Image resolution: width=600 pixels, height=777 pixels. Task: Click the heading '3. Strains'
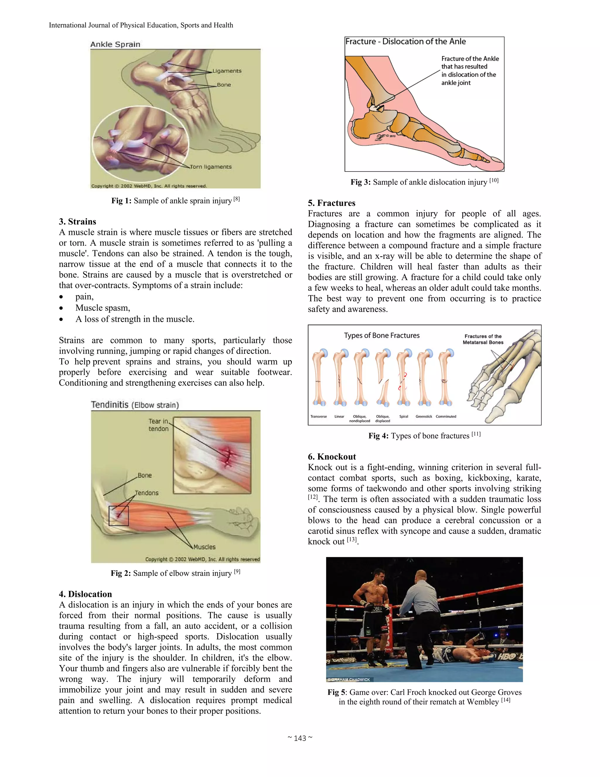pyautogui.click(x=77, y=222)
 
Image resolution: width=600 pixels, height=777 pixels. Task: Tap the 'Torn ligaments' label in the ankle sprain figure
pyautogui.click(x=210, y=167)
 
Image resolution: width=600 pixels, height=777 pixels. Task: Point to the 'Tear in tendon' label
pyautogui.click(x=158, y=425)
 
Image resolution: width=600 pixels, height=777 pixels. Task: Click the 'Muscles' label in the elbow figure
pyautogui.click(x=204, y=547)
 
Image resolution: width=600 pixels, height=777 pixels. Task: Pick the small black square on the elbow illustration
pyautogui.click(x=118, y=515)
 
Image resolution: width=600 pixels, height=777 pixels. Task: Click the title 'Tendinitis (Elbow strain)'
pyautogui.click(x=135, y=405)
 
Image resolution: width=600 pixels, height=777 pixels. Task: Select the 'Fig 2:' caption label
pyautogui.click(x=121, y=573)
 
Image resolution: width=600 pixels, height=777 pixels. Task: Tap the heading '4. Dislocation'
pyautogui.click(x=85, y=594)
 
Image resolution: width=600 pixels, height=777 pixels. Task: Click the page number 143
pyautogui.click(x=300, y=738)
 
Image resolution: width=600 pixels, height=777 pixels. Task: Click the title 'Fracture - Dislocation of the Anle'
pyautogui.click(x=405, y=42)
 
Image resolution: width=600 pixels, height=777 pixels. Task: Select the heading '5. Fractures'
pyautogui.click(x=331, y=203)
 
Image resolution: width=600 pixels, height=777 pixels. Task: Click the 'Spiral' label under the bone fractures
pyautogui.click(x=403, y=416)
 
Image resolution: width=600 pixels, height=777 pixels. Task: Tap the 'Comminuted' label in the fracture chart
pyautogui.click(x=446, y=416)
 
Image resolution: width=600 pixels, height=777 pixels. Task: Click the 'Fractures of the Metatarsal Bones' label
pyautogui.click(x=483, y=339)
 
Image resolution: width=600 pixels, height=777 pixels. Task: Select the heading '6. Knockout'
pyautogui.click(x=332, y=457)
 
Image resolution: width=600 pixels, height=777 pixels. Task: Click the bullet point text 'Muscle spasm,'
pyautogui.click(x=103, y=308)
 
